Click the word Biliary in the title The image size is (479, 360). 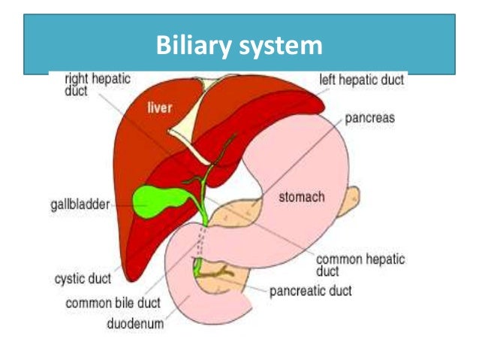tap(192, 47)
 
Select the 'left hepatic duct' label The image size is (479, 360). tap(362, 78)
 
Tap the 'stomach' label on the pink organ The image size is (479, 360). tap(301, 198)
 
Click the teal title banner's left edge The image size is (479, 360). tap(27, 45)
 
